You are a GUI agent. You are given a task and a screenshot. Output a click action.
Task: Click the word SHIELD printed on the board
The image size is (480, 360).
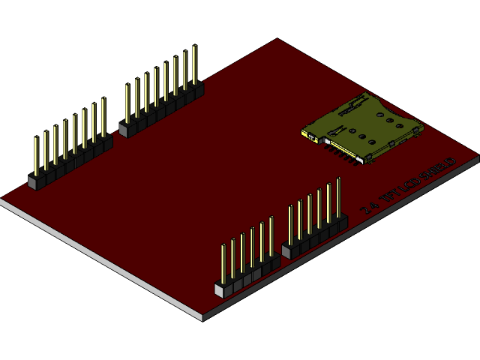tap(439, 169)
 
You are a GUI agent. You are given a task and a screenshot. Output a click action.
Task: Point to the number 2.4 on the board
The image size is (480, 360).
tap(367, 208)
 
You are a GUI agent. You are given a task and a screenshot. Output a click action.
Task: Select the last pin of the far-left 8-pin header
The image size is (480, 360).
tap(103, 116)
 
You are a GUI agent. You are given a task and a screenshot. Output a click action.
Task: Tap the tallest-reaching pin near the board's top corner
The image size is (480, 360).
tap(195, 64)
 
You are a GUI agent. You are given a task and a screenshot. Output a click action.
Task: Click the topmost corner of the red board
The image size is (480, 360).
tap(277, 39)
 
